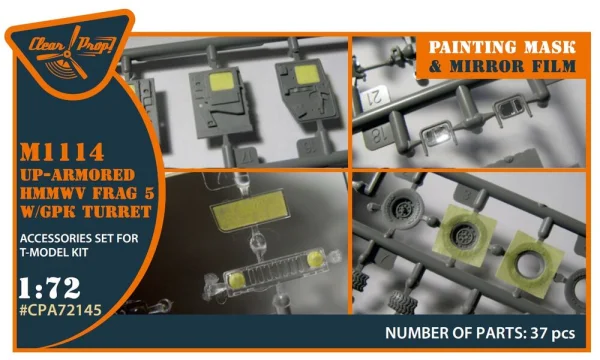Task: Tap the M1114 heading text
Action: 62,151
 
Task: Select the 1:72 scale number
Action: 50,288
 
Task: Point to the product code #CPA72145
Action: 60,310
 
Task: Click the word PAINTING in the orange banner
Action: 473,47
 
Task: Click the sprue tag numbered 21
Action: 375,98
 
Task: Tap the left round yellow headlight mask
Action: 237,280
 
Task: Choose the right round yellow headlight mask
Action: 316,259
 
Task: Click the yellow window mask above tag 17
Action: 222,81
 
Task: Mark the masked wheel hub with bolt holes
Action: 464,234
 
